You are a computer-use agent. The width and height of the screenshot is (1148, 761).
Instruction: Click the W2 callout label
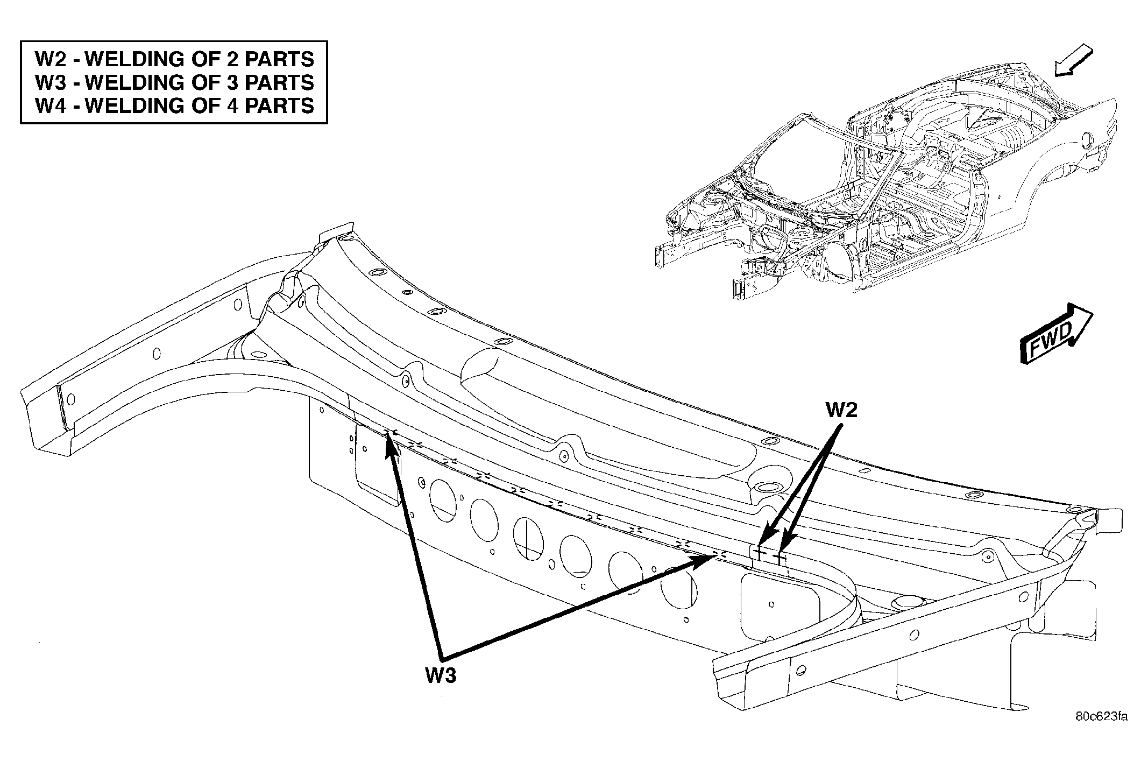coord(841,410)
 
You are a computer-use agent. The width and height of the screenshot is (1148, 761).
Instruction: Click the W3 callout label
coord(441,675)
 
